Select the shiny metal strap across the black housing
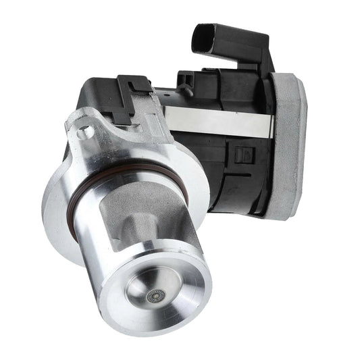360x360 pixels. [x=216, y=120]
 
